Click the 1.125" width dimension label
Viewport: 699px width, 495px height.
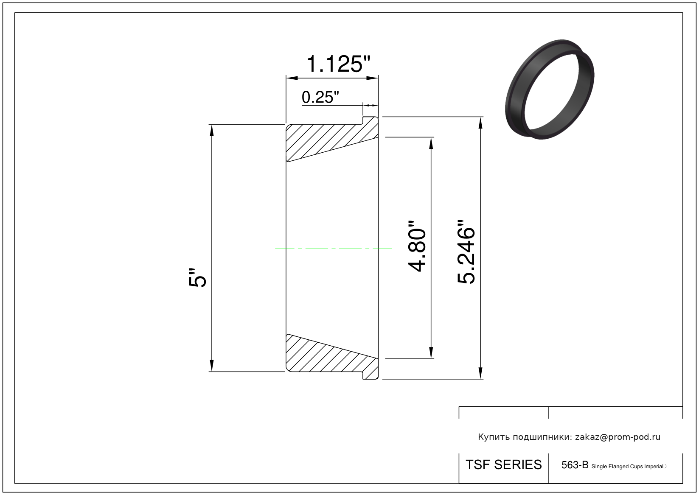click(338, 64)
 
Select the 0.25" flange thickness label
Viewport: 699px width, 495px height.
click(320, 97)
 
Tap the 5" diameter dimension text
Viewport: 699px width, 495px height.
click(197, 277)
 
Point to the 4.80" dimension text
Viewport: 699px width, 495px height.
click(417, 246)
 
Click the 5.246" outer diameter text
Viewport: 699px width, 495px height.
click(466, 252)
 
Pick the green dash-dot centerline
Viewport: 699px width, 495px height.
click(333, 248)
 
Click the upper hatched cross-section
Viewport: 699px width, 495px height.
click(332, 139)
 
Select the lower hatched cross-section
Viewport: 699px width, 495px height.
click(332, 357)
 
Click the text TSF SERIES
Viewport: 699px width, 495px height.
click(504, 465)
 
